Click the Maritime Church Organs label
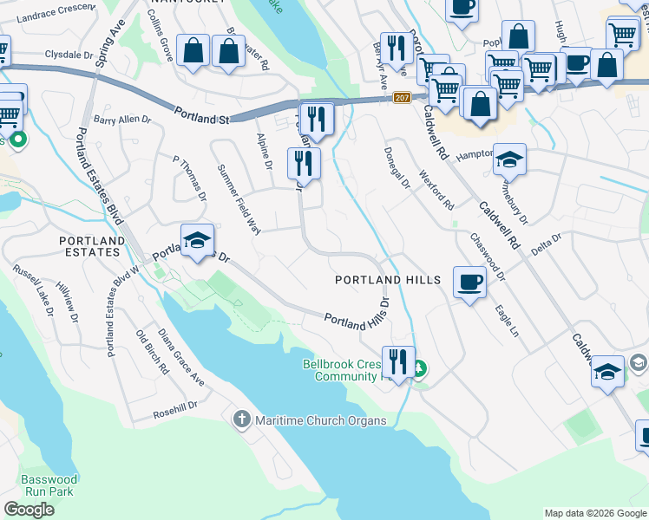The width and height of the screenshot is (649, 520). click(x=320, y=421)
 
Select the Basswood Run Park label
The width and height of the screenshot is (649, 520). click(x=49, y=485)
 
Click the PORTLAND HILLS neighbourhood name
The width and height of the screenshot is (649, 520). click(x=389, y=280)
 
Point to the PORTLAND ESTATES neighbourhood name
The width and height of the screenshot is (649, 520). click(x=90, y=246)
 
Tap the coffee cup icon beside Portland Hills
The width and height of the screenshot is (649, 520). click(x=469, y=283)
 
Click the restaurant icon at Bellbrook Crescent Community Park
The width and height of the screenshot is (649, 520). click(x=398, y=361)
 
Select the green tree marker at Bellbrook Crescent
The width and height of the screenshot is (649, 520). click(x=419, y=368)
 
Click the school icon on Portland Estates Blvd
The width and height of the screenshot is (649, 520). click(x=197, y=240)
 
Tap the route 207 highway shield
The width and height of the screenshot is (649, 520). click(x=401, y=98)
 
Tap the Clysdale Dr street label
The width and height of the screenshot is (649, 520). click(x=44, y=53)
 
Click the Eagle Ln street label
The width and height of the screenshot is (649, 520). click(x=507, y=321)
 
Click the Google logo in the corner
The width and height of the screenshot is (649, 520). click(x=29, y=510)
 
